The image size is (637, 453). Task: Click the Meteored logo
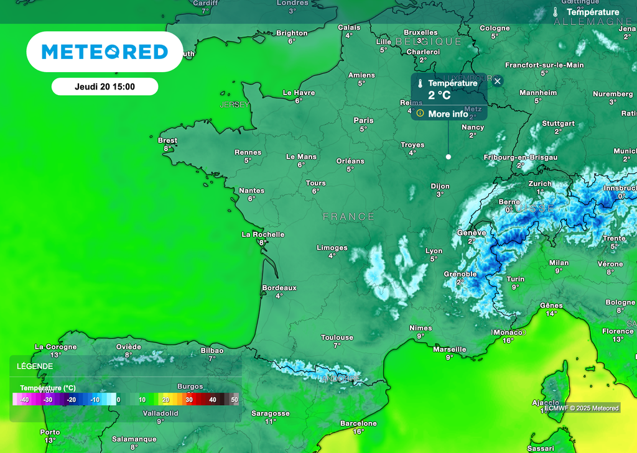105,52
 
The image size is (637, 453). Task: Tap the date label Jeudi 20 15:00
105,87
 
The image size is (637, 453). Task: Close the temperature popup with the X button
497,81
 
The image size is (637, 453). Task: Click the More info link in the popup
448,114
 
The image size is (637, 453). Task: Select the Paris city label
363,121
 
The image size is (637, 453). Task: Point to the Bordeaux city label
279,288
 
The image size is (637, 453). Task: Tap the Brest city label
167,140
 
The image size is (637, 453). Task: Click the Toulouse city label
337,337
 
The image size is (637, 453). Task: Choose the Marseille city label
449,349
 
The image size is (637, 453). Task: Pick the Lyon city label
434,251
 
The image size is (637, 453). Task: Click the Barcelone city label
358,424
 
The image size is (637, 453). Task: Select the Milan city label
559,263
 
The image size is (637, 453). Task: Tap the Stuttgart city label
558,124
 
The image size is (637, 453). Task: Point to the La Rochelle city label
263,234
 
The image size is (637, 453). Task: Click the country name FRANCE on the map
348,217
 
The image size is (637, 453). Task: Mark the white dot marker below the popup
448,157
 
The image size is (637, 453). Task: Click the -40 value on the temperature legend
25,400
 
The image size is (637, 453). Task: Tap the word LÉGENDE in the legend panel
35,366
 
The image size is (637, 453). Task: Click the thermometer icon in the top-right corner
556,12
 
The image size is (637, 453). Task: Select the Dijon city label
440,186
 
